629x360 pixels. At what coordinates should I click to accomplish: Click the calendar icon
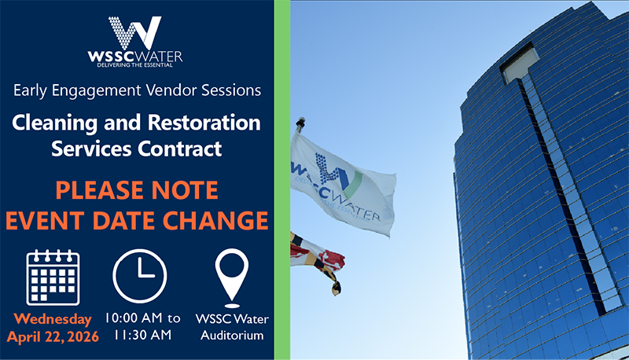[53, 277]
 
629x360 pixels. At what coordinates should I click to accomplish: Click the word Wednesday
[50, 319]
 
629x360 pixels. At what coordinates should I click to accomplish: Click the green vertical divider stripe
[282, 180]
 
